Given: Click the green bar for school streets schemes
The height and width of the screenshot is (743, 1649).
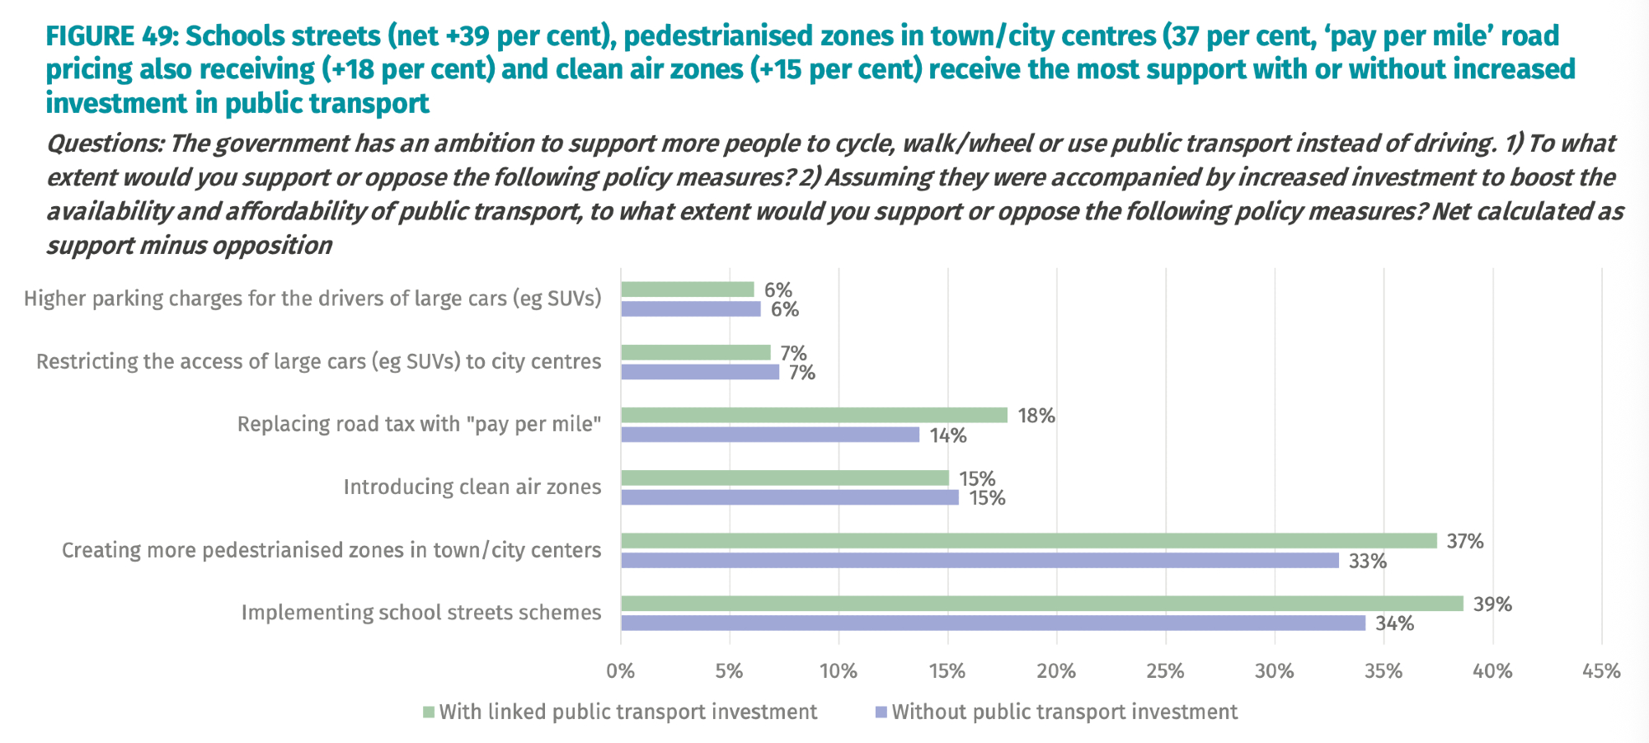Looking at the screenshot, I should point(1041,604).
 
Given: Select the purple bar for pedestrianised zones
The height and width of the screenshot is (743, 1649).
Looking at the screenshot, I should point(980,561).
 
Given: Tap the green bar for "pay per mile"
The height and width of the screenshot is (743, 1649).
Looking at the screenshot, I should point(814,415).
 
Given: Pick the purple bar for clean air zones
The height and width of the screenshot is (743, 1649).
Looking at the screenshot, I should point(789,497).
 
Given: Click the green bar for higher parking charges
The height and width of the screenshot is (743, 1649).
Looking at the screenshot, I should point(687,289).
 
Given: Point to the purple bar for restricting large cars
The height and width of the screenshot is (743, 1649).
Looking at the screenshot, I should point(699,372).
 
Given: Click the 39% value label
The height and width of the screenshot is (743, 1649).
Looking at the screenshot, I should point(1492,604).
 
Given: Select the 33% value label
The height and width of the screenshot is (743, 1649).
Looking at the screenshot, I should point(1368,562).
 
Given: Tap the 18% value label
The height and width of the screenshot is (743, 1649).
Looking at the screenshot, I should point(1036,416).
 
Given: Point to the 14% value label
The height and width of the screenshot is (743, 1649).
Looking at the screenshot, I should point(948,435).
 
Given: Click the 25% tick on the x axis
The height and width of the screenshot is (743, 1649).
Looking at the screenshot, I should point(1165,671).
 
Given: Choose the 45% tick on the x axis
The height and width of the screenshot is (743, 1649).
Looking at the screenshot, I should point(1601,671).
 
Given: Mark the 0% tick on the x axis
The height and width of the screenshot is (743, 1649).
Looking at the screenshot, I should point(620,671).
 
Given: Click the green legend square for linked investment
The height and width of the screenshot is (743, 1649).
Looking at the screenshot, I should point(429,712).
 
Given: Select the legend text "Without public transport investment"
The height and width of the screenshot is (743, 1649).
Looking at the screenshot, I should point(1064,712).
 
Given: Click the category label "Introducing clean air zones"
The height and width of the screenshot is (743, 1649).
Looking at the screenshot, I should point(472,487).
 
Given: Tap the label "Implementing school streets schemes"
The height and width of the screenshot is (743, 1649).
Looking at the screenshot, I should point(421,613).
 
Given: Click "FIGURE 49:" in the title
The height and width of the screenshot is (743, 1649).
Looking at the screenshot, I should point(112,36).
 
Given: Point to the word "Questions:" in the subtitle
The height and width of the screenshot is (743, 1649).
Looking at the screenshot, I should point(105,143).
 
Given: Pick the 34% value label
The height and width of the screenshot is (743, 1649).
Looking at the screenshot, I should point(1394,623).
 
